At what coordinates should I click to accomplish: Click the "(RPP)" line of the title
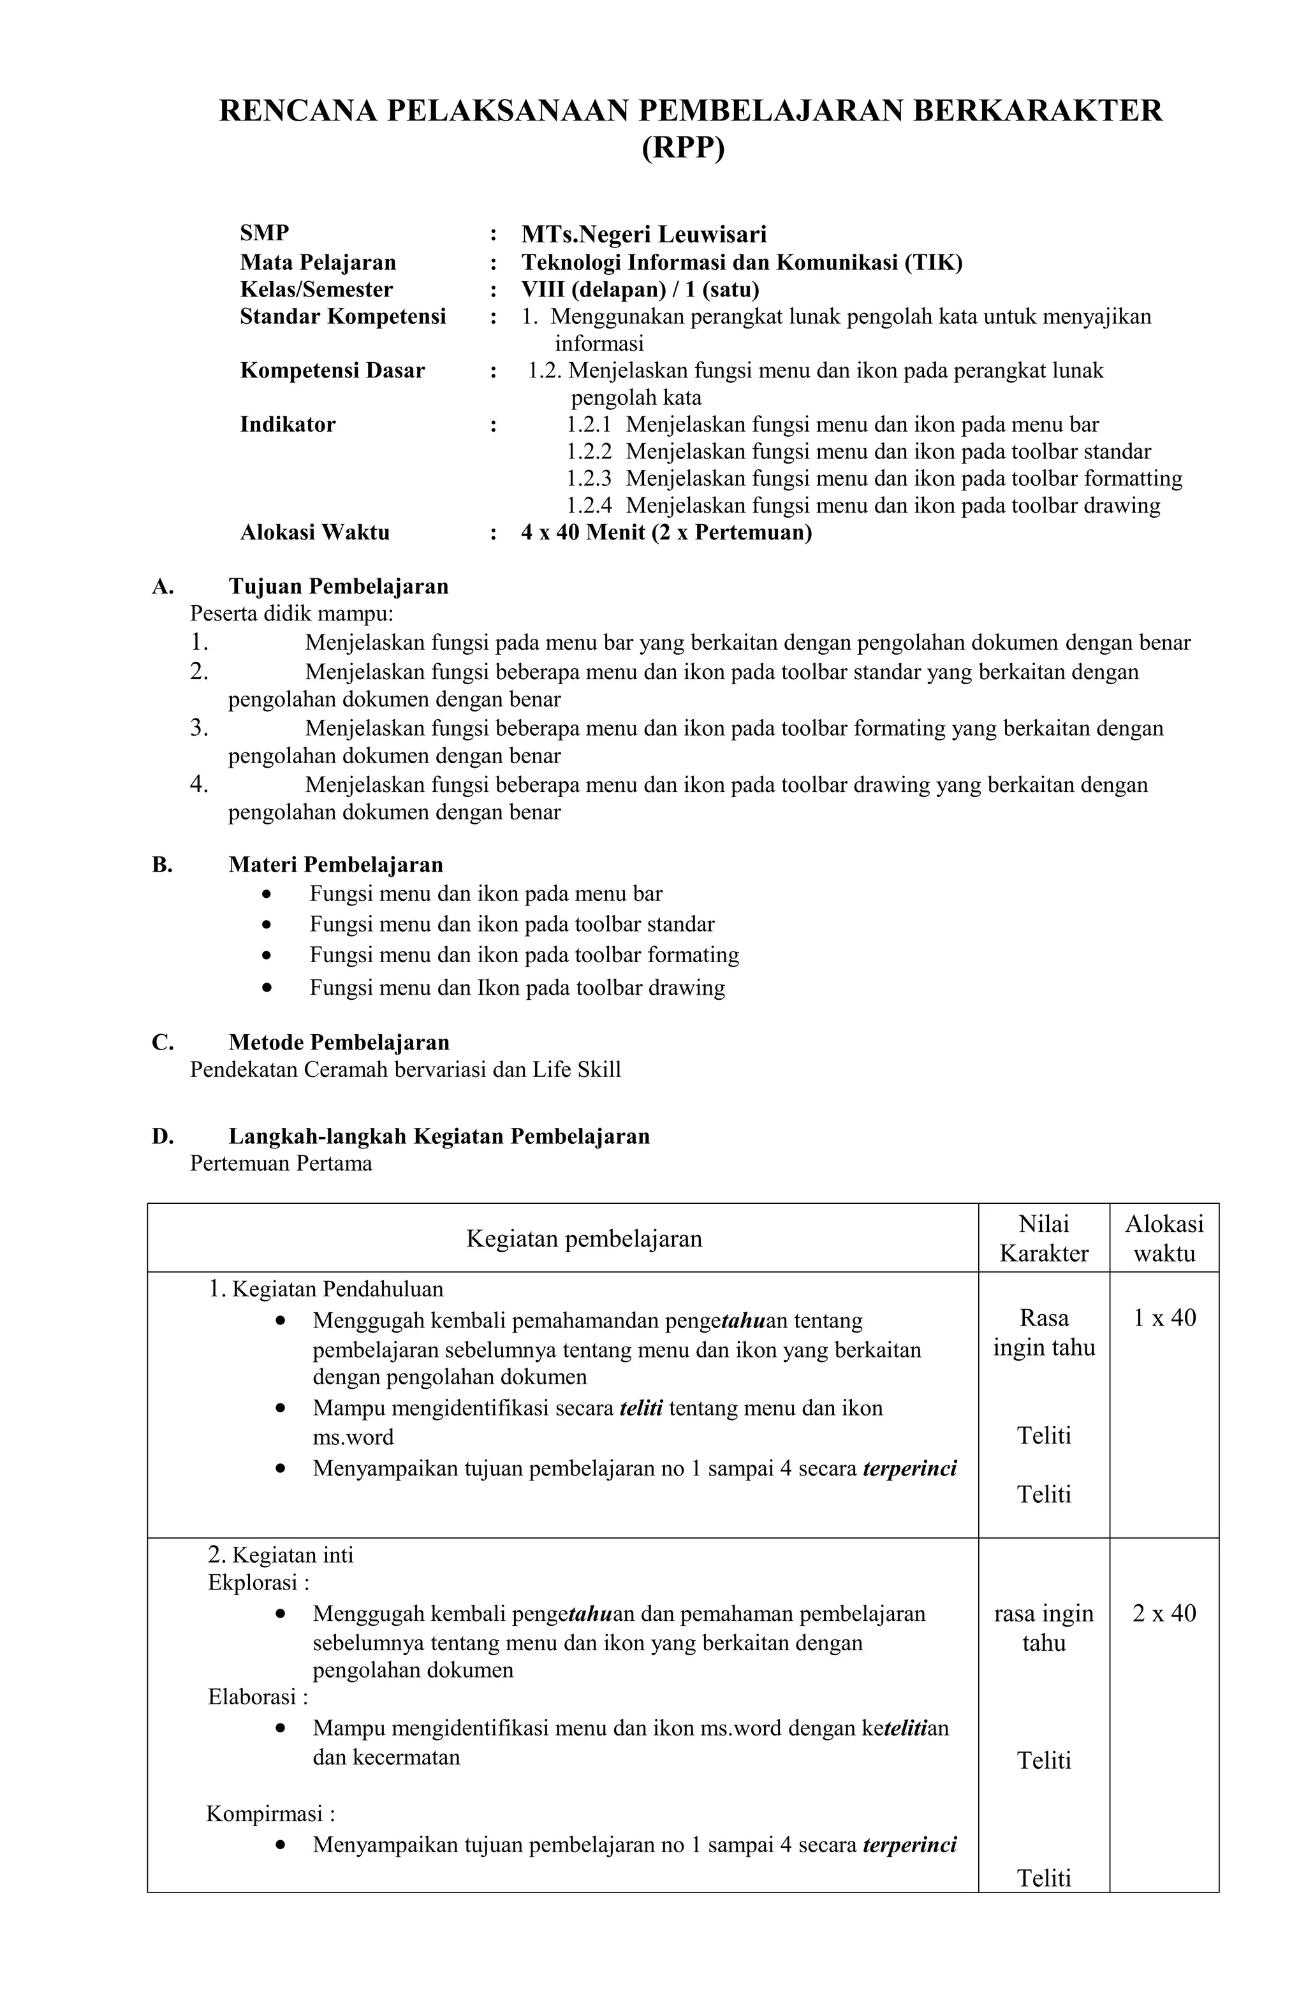682,148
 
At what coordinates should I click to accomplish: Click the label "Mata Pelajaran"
318,263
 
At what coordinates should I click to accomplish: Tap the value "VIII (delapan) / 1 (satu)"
640,289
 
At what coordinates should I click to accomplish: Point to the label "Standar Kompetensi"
342,316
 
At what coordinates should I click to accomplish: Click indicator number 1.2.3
589,478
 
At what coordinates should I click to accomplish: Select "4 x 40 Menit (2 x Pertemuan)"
666,532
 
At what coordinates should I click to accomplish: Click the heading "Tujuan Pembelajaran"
338,586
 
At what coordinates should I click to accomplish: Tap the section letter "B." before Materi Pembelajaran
162,864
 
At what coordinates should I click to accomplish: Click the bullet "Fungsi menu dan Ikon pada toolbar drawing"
516,987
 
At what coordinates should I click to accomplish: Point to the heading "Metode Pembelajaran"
338,1042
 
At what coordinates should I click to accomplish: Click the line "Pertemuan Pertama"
281,1163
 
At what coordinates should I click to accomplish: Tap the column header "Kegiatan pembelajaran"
583,1238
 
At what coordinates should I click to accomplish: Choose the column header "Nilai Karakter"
1043,1238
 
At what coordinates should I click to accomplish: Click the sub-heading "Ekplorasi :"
258,1583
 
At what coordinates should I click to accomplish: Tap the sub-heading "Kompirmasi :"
270,1814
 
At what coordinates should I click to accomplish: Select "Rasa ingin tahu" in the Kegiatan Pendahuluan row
1043,1333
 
